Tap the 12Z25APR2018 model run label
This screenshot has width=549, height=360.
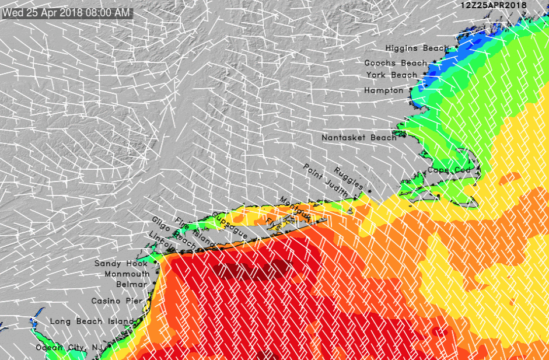(x=494, y=5)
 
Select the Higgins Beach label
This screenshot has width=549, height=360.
(x=417, y=48)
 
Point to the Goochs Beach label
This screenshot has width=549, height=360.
(x=396, y=63)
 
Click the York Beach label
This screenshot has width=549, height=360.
(x=391, y=75)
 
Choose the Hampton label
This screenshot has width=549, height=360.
(x=383, y=91)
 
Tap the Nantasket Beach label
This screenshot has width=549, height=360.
(x=359, y=138)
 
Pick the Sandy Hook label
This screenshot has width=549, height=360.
(x=121, y=264)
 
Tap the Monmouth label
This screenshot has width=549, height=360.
(x=127, y=274)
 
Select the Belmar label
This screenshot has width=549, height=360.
(x=133, y=284)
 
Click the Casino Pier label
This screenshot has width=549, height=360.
(x=117, y=301)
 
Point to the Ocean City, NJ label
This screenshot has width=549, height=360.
(x=69, y=348)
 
